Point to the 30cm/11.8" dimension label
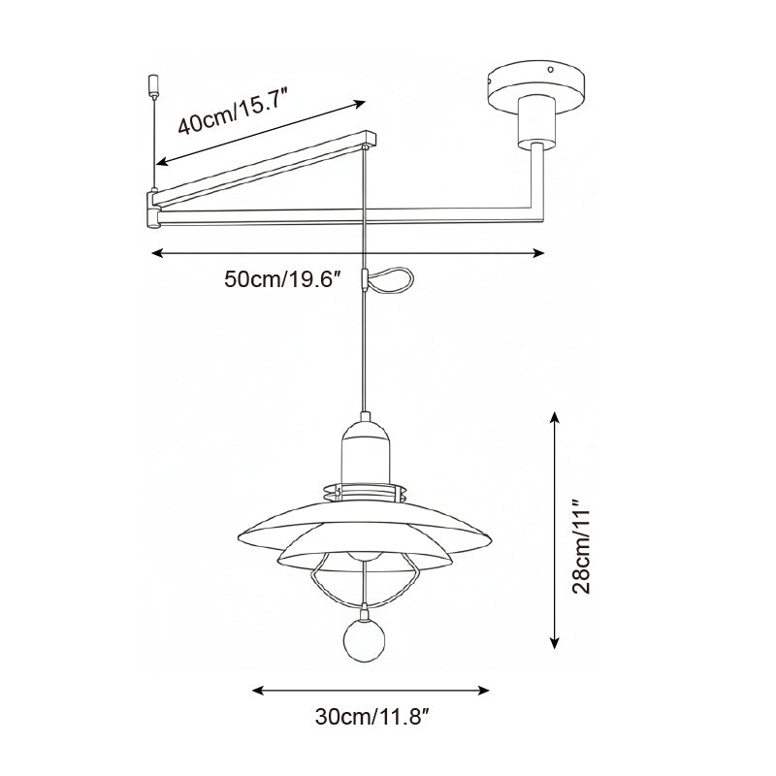tap(372, 718)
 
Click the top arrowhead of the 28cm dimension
tap(554, 415)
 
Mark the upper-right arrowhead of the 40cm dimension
tap(361, 101)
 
